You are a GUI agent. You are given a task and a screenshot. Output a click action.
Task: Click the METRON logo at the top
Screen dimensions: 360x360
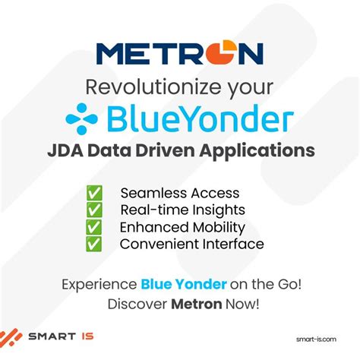click(x=180, y=53)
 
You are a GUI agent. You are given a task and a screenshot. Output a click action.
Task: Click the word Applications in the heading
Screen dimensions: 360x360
click(x=264, y=150)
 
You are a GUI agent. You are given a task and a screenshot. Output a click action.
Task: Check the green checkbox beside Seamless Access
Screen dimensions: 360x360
click(x=94, y=194)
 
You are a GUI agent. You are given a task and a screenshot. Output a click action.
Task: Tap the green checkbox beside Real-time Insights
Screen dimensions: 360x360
click(x=94, y=210)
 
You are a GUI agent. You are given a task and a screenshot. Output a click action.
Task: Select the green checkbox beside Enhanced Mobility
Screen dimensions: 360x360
click(x=94, y=227)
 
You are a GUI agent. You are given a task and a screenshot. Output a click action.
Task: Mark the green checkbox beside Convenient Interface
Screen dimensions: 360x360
click(x=94, y=244)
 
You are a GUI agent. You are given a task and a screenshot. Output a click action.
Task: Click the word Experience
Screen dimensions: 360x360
click(x=99, y=284)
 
